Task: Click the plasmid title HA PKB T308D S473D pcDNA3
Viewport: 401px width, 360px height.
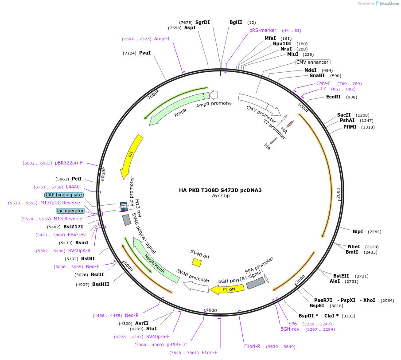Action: (220, 190)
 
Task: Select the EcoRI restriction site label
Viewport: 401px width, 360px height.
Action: (333, 97)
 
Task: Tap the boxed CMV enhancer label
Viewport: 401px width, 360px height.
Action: (312, 63)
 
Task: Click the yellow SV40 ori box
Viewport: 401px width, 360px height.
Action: (197, 262)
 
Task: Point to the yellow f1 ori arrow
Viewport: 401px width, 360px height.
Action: (227, 290)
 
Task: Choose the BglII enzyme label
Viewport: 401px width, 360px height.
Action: (236, 22)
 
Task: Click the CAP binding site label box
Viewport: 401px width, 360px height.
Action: (63, 195)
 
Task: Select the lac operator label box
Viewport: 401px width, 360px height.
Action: (70, 211)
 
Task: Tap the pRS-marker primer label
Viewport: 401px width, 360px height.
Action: (263, 31)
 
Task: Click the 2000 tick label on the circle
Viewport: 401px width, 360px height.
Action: (338, 193)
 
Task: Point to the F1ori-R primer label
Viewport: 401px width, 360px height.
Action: (252, 346)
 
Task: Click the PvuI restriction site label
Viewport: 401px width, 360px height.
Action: (145, 53)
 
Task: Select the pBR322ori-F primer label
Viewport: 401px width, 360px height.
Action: (69, 163)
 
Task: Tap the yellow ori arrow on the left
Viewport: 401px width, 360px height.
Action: (132, 155)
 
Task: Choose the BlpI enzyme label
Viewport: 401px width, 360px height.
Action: (358, 231)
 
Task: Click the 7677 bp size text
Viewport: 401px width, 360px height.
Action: (220, 196)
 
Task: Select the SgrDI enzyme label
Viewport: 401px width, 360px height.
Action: (202, 22)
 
